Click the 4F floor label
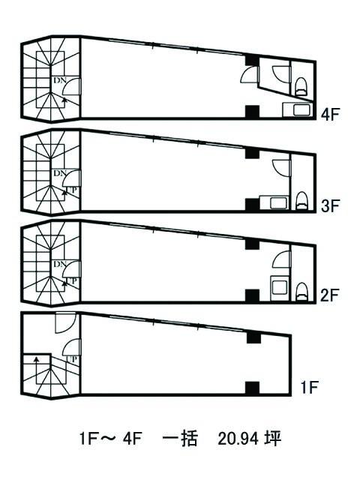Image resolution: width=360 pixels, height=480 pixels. (330, 115)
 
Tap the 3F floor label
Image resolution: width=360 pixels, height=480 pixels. (330, 205)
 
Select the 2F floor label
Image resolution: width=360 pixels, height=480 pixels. (330, 295)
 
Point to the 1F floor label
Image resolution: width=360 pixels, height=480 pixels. (310, 388)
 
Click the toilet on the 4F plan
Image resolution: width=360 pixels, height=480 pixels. (301, 87)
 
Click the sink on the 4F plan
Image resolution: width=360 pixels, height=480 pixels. (298, 110)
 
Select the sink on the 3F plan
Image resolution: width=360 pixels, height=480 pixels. (274, 202)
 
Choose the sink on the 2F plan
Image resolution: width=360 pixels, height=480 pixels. (279, 288)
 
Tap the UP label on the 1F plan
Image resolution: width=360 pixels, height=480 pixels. (72, 359)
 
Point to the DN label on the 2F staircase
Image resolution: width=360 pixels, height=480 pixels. (60, 264)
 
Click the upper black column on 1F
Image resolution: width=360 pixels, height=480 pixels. (253, 337)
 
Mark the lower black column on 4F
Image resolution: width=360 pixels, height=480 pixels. (253, 112)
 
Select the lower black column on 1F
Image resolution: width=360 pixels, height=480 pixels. (253, 388)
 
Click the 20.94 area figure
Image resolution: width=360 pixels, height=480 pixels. (235, 439)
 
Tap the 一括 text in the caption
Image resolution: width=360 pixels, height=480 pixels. (180, 439)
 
